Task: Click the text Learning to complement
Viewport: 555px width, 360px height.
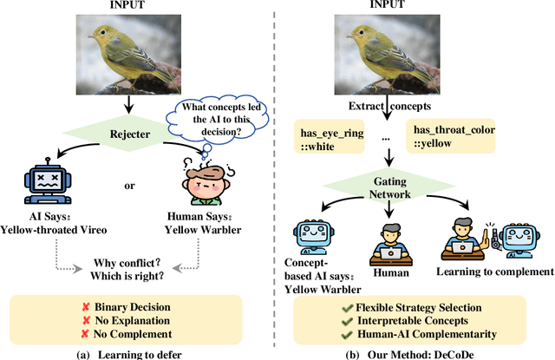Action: coord(498,272)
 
